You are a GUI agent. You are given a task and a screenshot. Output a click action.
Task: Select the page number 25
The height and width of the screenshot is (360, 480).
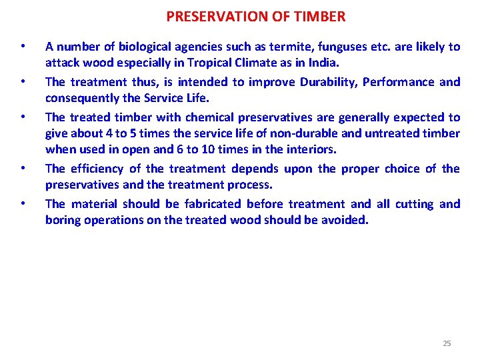[447, 343]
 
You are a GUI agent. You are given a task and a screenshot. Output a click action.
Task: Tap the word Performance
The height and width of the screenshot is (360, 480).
[401, 82]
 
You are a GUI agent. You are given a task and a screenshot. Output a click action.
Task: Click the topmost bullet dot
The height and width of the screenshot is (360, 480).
[23, 47]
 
